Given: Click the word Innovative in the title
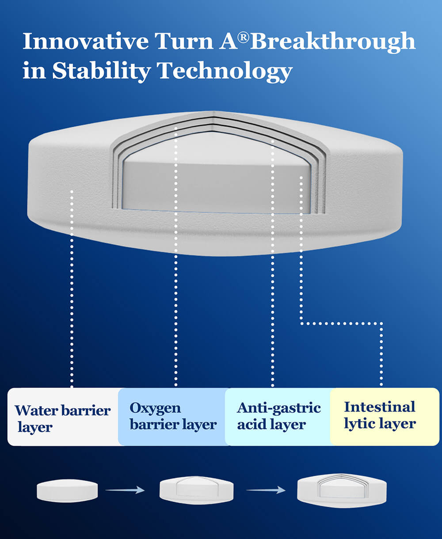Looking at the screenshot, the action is pos(86,41).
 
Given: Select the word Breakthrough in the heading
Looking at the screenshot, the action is pos(333,42).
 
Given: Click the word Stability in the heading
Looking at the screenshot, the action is pos(102,72).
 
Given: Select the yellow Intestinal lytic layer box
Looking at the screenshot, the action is pos(385,417).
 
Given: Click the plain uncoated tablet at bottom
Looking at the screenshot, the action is pos(67,491).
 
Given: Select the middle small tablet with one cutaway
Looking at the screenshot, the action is pos(196,490).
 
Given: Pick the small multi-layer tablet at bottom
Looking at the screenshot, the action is pos(342,490).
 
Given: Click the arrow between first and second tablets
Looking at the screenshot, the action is pos(125,490).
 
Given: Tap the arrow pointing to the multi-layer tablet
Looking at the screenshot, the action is pos(266,490).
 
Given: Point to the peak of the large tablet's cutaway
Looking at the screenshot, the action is pos(214,111).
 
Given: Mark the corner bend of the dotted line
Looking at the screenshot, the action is pos(301,323).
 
